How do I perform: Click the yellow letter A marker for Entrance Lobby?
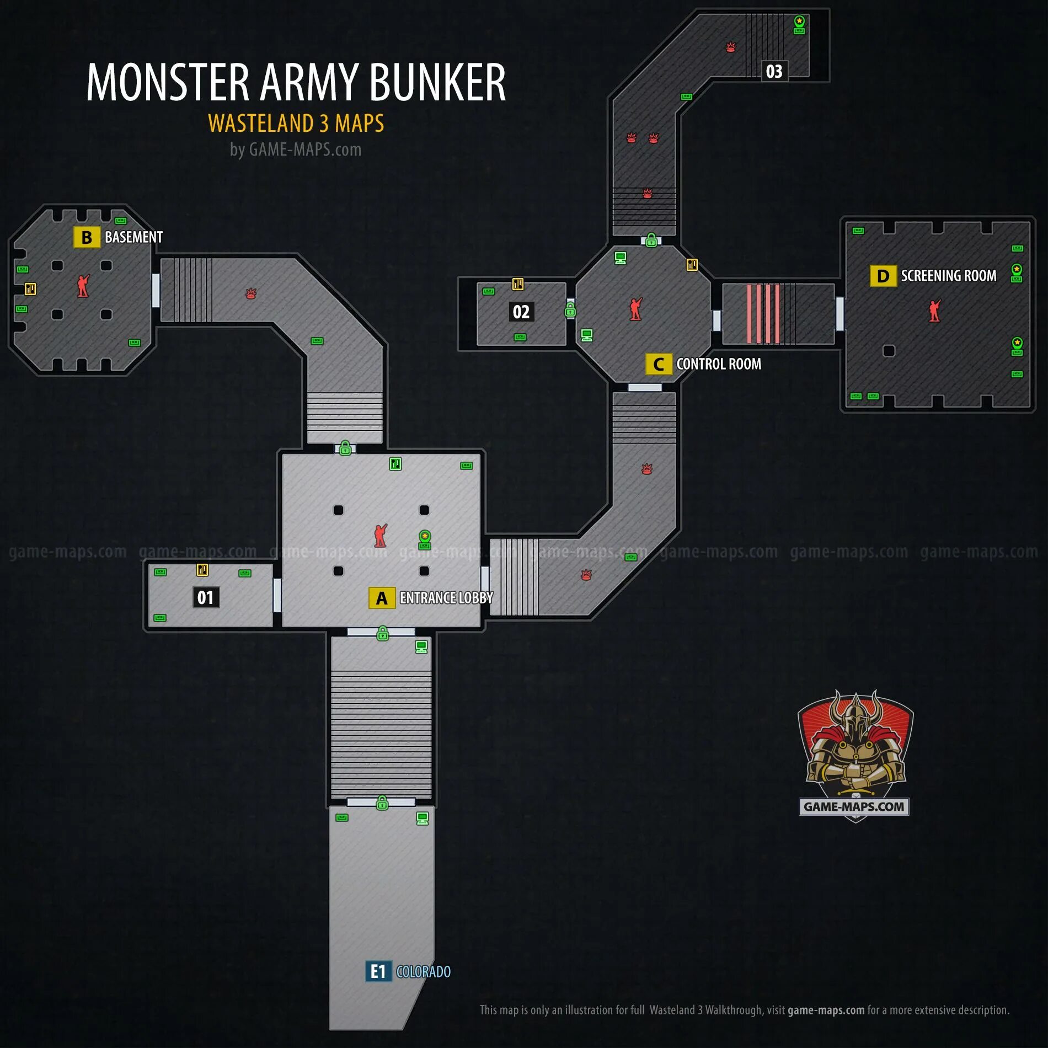[382, 598]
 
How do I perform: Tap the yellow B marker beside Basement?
[87, 237]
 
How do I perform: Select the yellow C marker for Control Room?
[659, 364]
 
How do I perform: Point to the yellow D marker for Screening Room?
[883, 276]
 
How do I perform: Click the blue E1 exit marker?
[378, 971]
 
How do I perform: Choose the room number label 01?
[206, 597]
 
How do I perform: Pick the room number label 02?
[521, 312]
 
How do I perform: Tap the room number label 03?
[774, 71]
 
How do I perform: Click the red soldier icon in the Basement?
[83, 286]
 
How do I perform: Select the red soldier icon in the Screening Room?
[934, 311]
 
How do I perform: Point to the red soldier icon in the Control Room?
[636, 309]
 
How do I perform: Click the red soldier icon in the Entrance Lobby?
[380, 536]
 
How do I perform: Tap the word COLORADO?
[423, 971]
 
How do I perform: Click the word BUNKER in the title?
[437, 82]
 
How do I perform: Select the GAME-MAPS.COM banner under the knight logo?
[854, 806]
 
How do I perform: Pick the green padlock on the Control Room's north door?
[651, 240]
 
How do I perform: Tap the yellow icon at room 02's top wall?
[517, 284]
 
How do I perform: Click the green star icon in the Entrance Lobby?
[425, 536]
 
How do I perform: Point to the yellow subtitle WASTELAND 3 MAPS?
[296, 123]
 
